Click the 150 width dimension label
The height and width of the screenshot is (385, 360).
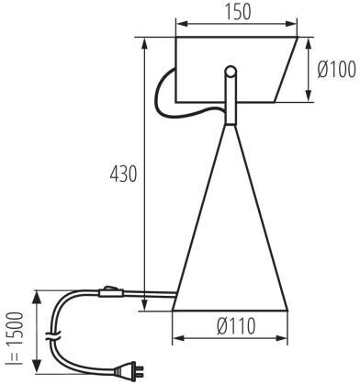238,12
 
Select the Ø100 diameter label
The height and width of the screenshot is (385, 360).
336,69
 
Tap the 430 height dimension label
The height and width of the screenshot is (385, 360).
123,174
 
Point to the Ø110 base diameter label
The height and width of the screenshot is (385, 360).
236,326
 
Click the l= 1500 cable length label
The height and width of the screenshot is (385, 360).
16,338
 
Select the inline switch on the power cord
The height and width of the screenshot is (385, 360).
111,292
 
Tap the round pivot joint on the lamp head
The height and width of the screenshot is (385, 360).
231,73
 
